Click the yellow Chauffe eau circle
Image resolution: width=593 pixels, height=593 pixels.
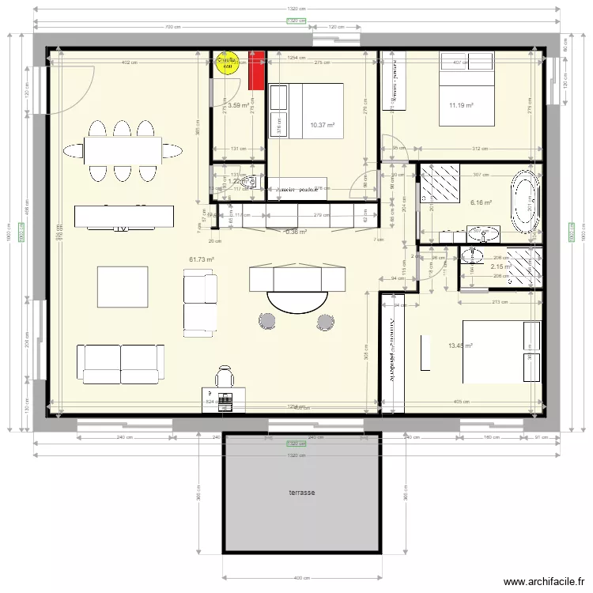(227, 62)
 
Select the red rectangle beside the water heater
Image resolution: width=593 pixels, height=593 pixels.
(255, 70)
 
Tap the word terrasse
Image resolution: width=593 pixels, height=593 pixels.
(301, 493)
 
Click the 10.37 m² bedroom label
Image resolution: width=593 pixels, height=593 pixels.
(322, 125)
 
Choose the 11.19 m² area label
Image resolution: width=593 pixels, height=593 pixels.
(461, 105)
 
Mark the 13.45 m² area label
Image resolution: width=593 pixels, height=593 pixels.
(460, 346)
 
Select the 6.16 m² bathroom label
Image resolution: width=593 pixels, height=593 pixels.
(481, 202)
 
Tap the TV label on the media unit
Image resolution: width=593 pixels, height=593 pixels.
(121, 229)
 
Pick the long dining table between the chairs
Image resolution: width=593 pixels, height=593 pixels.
(123, 148)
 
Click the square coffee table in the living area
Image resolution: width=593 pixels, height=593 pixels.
(123, 286)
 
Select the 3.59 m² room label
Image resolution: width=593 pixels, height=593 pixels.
(239, 105)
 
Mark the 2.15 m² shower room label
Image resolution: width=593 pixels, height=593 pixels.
(500, 266)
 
